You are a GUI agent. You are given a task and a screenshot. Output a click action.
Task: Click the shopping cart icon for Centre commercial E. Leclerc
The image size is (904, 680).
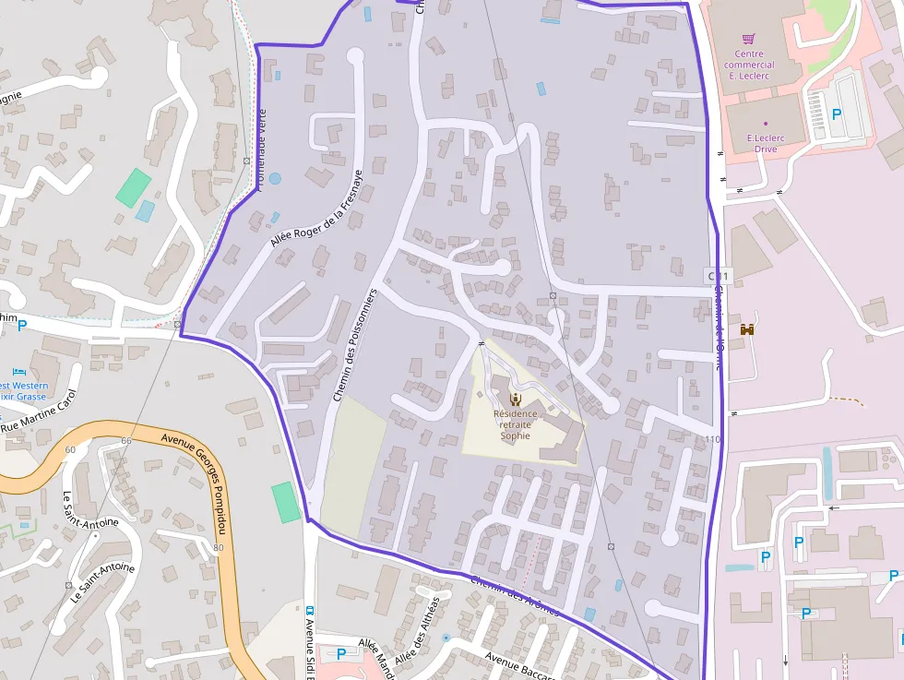click(748, 39)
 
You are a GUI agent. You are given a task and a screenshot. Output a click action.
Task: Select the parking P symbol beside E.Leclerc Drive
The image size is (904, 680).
click(837, 114)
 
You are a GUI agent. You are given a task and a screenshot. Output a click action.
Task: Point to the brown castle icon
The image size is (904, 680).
click(747, 328)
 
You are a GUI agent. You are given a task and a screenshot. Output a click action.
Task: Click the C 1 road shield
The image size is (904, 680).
click(718, 276)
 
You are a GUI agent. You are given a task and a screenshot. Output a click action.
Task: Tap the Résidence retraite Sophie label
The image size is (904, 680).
click(515, 424)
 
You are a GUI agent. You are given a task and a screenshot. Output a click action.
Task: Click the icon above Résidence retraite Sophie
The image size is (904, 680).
click(515, 399)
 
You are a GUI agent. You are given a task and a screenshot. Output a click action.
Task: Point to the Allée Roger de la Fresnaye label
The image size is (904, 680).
click(316, 209)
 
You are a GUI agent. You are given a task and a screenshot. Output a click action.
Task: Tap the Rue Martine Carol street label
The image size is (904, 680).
click(39, 411)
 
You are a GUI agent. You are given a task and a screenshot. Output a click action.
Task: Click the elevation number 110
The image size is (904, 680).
click(710, 439)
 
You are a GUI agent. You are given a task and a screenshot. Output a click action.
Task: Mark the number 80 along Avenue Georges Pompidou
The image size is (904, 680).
click(218, 547)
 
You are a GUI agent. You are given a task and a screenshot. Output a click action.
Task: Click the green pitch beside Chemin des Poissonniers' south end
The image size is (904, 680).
click(287, 503)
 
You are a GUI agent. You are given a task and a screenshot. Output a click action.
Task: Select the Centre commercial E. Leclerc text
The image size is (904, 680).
click(748, 66)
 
